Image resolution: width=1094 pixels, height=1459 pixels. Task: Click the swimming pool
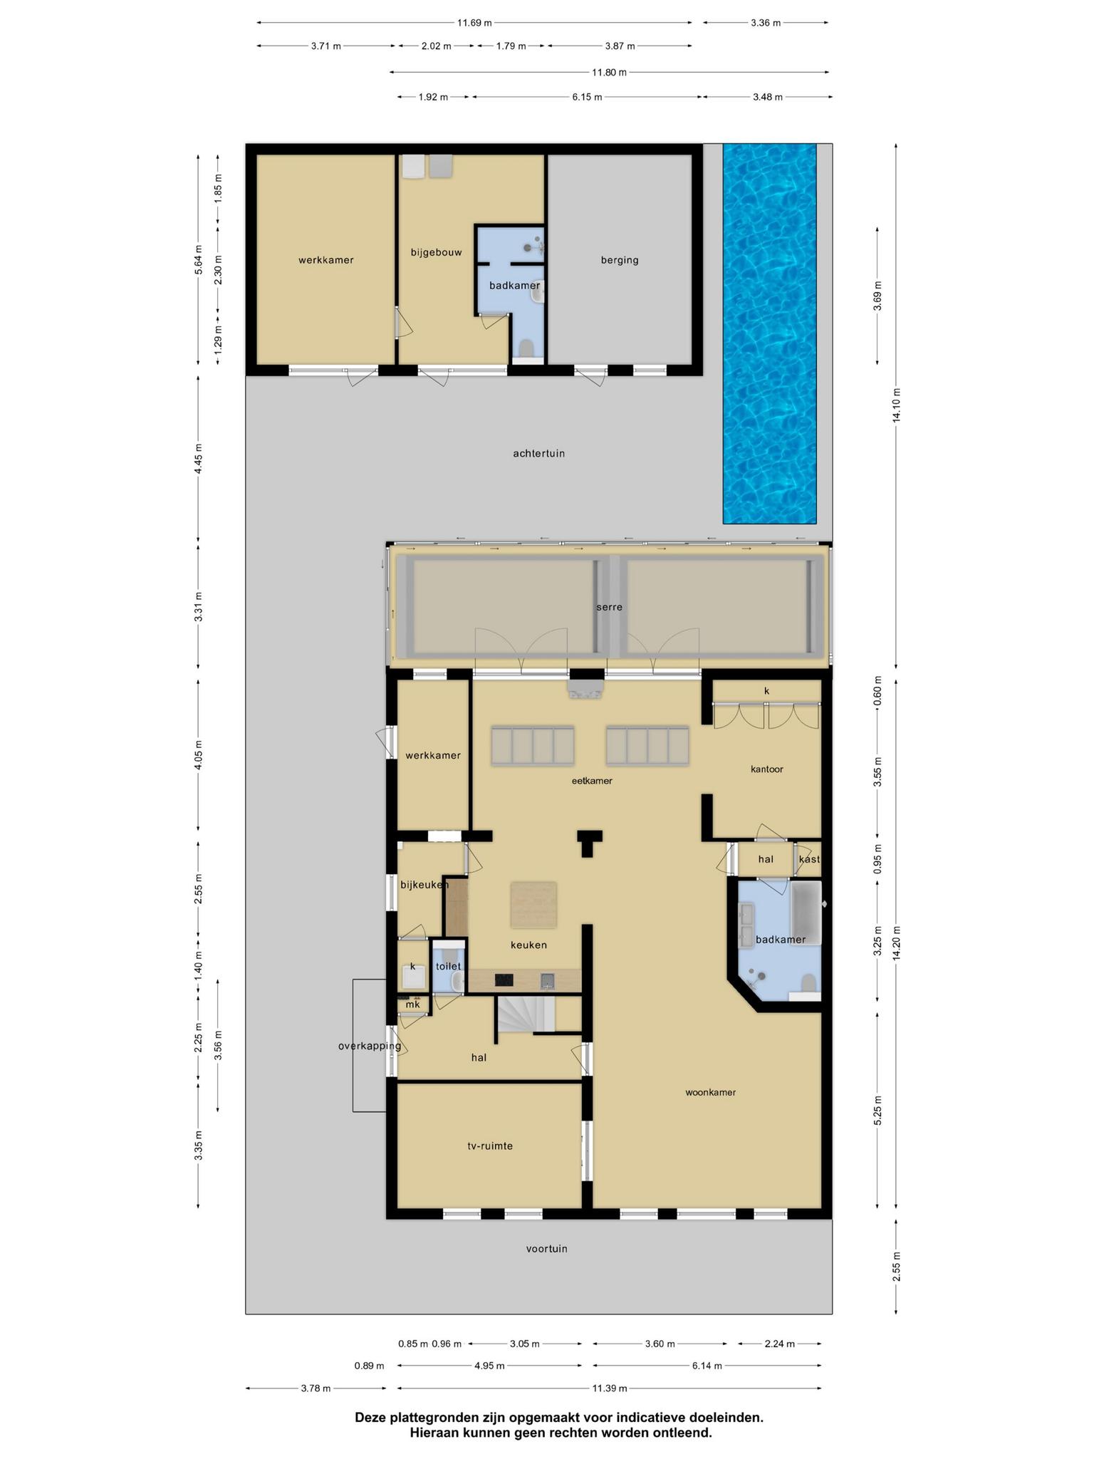[769, 333]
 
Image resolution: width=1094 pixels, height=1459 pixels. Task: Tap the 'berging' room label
[620, 260]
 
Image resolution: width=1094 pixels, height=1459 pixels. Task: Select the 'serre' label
[610, 607]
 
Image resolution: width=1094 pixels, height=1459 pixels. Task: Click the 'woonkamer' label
[710, 1092]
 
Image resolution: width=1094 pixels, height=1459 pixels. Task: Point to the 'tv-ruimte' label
[490, 1146]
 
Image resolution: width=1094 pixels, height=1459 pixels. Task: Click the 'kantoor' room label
[767, 769]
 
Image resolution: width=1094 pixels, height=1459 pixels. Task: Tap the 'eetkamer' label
[592, 781]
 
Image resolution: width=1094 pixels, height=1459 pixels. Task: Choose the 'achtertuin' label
[539, 453]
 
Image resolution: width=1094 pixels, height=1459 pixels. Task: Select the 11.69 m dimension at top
[474, 23]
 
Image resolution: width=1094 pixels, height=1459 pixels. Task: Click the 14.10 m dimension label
[897, 405]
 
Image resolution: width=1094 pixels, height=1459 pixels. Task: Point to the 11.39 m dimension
[609, 1388]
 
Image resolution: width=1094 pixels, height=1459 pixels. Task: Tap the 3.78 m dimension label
[316, 1388]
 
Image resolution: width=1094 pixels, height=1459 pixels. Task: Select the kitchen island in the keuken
[533, 905]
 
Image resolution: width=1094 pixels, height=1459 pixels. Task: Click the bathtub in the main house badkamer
[806, 903]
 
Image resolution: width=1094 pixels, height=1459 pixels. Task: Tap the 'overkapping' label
[370, 1047]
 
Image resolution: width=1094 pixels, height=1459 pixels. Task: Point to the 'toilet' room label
[449, 967]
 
